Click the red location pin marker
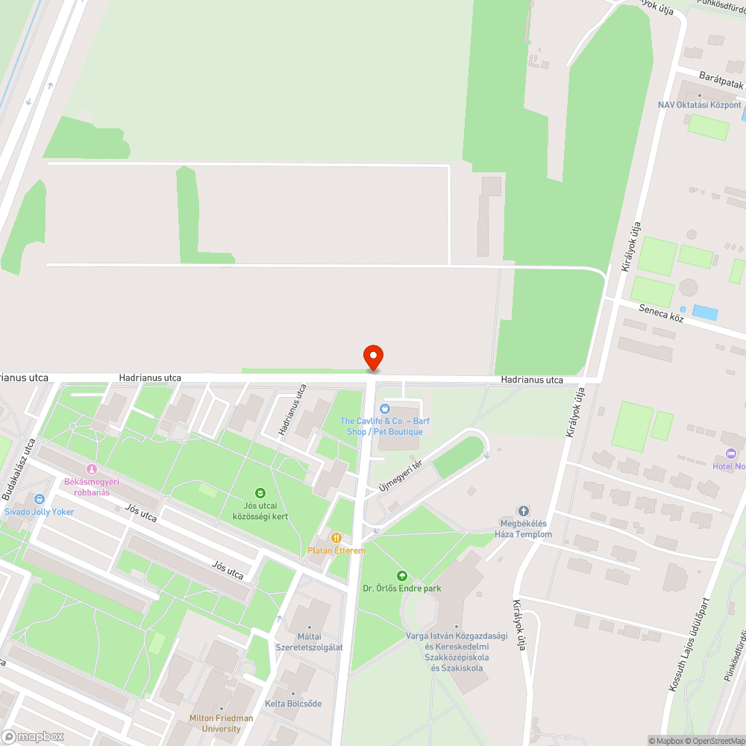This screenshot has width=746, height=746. [372, 357]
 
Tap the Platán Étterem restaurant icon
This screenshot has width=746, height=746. [336, 537]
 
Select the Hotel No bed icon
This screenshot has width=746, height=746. [730, 454]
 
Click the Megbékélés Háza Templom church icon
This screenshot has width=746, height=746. [524, 511]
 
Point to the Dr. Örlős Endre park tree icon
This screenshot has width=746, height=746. [402, 575]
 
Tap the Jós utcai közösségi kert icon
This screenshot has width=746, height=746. [260, 492]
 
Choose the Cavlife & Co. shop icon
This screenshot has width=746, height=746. [385, 408]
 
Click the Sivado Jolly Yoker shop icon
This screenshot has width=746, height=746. [39, 499]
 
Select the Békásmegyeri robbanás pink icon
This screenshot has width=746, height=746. [92, 468]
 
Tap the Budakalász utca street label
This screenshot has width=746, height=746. [19, 469]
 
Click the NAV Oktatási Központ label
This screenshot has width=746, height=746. [699, 105]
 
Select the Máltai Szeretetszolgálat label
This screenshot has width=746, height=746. [310, 642]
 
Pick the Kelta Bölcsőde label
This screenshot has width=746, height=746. [293, 703]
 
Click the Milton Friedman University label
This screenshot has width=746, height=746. [221, 724]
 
